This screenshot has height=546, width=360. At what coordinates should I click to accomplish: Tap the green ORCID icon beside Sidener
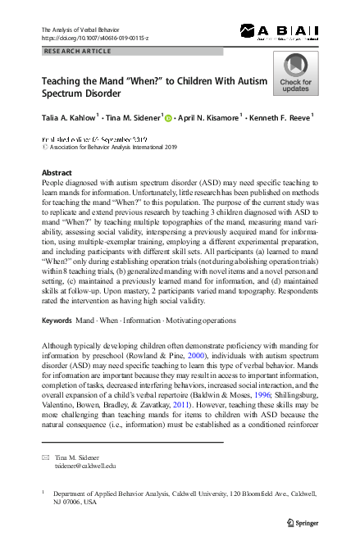point(169,118)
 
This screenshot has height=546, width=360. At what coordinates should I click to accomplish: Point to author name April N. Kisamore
point(209,118)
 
